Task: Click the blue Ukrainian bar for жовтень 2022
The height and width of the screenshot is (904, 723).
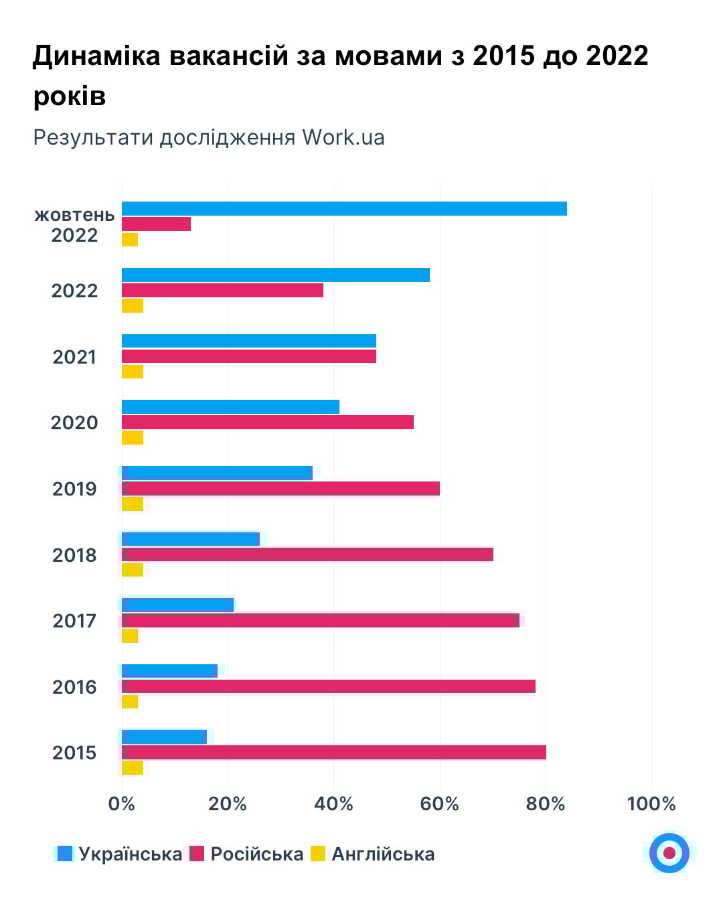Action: tap(344, 208)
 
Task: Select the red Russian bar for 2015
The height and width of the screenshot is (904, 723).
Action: tap(333, 752)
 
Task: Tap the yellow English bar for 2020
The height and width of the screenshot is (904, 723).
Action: tap(133, 438)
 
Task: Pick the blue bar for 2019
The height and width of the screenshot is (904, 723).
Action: tap(217, 473)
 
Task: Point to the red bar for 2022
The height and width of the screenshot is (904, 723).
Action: tap(222, 290)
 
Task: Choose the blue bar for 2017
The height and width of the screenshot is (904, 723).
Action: tap(177, 605)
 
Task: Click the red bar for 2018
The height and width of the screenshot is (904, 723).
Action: tap(307, 554)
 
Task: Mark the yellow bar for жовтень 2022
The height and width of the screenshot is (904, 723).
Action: tap(130, 239)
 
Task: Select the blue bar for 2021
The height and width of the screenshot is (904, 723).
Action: tap(249, 341)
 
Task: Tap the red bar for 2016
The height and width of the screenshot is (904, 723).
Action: tap(328, 686)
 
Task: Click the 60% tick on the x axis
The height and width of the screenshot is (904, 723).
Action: tap(440, 804)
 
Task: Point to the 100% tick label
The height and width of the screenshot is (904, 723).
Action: tap(651, 804)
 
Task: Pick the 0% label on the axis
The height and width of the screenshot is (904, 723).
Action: tap(122, 804)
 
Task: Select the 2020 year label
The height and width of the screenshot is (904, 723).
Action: tap(74, 423)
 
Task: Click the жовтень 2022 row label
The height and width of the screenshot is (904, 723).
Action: tap(74, 225)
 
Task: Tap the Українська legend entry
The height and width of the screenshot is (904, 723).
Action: tap(130, 854)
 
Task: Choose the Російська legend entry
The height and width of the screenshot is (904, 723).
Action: tap(256, 854)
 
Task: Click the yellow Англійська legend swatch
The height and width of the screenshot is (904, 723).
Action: tap(318, 854)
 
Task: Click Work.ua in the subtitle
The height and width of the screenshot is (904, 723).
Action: tap(343, 137)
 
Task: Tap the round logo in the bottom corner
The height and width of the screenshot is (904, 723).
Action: tap(669, 852)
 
